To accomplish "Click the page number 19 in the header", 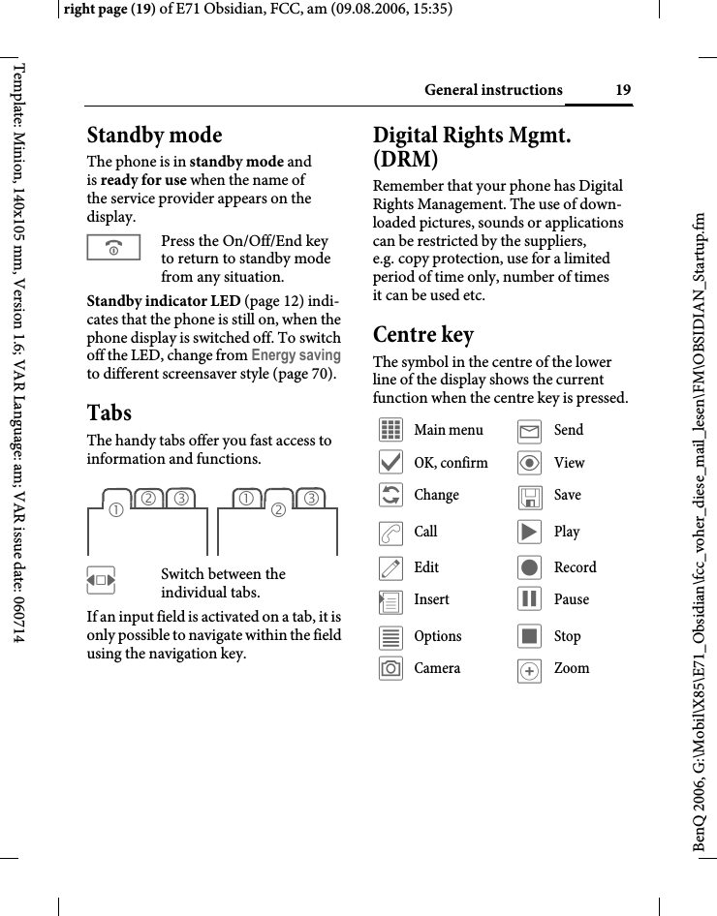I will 623,91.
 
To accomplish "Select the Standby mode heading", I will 155,135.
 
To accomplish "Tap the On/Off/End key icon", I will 113,248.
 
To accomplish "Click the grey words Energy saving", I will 296,355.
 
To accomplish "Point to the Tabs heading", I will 109,412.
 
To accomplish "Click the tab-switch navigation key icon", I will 101,582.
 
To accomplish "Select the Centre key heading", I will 423,335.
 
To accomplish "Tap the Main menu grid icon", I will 391,430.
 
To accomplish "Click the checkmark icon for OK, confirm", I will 391,463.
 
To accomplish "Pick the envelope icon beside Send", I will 529,430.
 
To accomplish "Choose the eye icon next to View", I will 529,463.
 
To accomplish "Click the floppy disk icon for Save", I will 529,496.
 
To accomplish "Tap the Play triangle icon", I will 529,532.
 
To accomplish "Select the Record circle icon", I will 529,567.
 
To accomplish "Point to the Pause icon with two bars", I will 529,599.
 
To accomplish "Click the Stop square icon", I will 529,636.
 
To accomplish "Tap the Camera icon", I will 391,668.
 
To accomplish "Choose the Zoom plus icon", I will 529,670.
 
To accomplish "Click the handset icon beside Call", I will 391,532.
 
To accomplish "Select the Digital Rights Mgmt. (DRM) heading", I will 472,146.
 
